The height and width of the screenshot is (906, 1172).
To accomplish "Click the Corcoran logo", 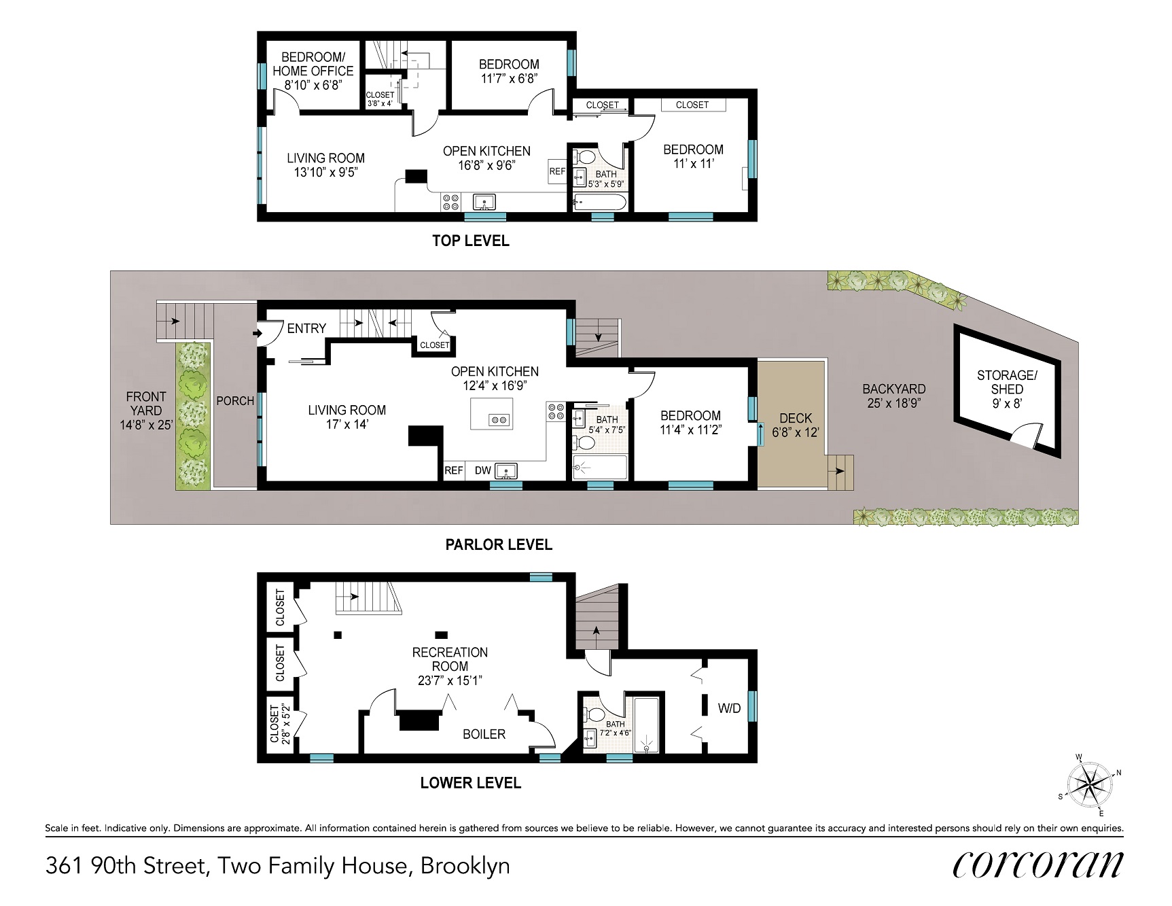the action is point(1037,865).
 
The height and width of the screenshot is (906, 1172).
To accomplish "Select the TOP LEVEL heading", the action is point(471,241).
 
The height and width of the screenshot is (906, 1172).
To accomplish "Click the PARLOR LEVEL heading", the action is point(499,544).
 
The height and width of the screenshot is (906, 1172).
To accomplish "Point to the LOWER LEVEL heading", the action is point(471,783).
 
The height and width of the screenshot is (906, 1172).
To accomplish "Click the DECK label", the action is point(796,418).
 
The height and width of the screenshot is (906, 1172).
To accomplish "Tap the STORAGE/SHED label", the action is point(1007,382).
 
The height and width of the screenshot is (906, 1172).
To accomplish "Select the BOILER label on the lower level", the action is point(484,734).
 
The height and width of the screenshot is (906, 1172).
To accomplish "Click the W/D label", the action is point(730,708).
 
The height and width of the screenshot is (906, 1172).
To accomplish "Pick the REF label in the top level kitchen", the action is point(557,171).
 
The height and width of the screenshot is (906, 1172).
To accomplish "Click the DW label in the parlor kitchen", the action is point(482,470).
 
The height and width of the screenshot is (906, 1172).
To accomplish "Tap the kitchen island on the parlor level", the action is point(492,414).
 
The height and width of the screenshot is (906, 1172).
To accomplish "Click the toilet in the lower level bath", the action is point(595,714).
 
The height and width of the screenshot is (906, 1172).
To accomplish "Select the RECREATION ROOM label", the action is point(450,659).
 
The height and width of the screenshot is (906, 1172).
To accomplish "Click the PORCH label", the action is point(235,401).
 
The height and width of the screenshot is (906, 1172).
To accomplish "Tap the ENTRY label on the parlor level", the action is point(306,328).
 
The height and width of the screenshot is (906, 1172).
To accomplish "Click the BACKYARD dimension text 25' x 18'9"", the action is point(895,402).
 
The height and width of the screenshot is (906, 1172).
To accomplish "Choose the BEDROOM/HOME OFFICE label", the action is point(313,64).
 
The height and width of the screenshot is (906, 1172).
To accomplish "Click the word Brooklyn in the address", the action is point(465,866).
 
